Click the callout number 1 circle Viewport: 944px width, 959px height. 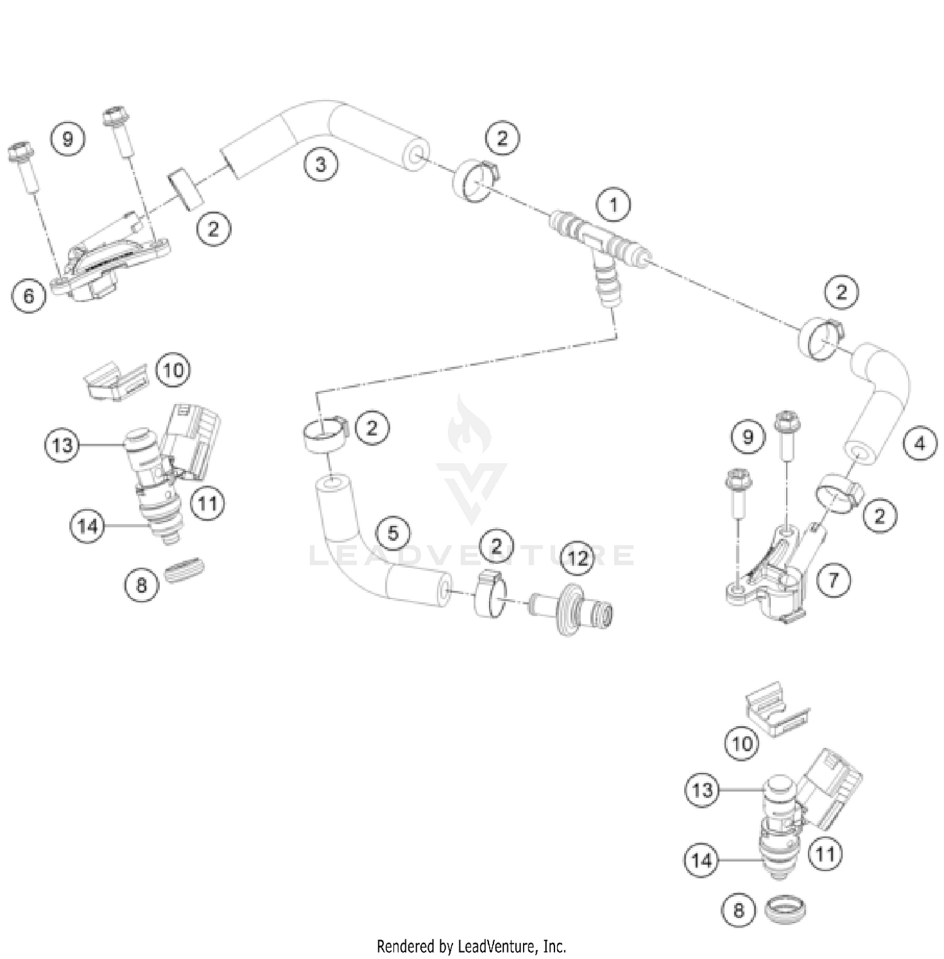613,205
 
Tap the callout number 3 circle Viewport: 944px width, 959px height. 321,164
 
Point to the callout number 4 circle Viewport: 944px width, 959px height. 919,444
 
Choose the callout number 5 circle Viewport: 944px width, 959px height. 393,533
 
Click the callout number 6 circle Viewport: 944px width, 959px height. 29,295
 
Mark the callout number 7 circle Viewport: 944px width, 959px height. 833,579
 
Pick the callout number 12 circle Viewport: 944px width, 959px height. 577,558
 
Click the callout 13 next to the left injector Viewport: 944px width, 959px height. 62,446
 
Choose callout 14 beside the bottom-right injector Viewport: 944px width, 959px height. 701,860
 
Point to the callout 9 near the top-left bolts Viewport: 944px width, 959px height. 68,138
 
